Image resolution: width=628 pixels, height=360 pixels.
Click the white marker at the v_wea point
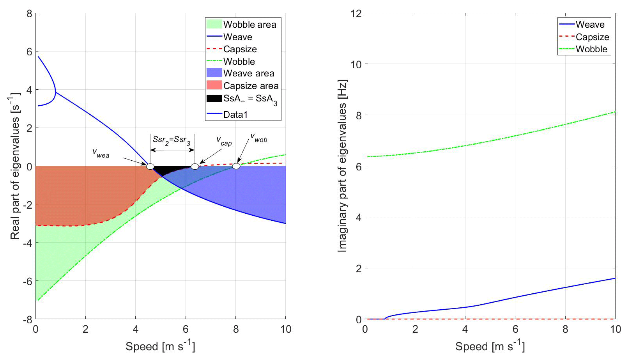[150, 167]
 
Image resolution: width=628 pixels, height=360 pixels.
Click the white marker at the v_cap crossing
[195, 167]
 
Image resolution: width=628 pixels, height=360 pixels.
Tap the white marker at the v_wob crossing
[236, 166]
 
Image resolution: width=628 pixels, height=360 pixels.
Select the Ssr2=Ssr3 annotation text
[172, 140]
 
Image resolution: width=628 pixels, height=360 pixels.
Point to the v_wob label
[259, 138]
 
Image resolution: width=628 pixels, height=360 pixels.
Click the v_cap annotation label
[224, 141]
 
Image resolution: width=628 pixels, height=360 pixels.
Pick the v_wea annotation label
[101, 153]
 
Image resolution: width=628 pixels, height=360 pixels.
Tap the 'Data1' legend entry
[235, 115]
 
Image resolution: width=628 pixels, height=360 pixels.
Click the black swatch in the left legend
[214, 98]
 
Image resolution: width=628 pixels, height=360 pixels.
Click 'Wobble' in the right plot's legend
[591, 49]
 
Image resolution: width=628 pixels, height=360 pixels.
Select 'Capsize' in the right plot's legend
[592, 37]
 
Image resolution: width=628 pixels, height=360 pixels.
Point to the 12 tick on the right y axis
[356, 14]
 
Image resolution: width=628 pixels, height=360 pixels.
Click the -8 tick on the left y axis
[27, 319]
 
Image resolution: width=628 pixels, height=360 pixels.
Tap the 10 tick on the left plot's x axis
[286, 330]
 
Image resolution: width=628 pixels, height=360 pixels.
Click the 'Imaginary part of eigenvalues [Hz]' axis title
[342, 166]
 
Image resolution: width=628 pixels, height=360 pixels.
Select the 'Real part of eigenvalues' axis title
[15, 166]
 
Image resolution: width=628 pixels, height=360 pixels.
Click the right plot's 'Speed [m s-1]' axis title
[490, 346]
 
